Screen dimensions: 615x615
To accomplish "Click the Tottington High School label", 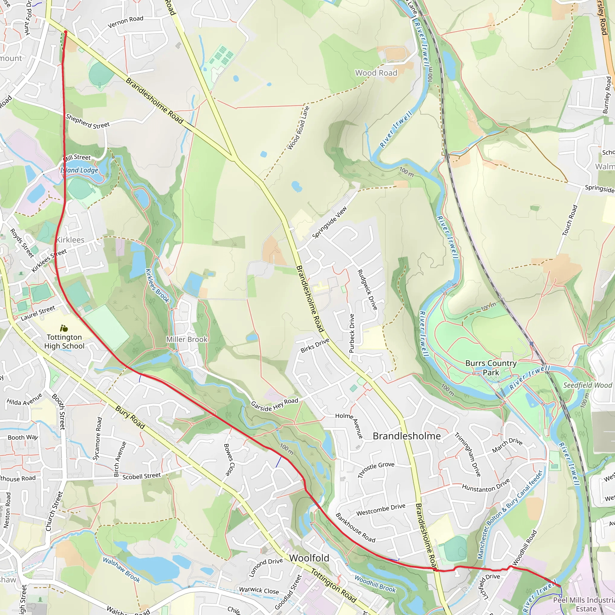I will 64,341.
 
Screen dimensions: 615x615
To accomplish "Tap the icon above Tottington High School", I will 64,328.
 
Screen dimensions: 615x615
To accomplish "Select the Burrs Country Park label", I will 491,368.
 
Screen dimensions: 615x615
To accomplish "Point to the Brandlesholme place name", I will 407,436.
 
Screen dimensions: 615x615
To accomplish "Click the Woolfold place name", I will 309,558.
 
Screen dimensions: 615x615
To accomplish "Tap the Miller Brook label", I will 187,339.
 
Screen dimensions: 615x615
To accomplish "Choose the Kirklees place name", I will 70,240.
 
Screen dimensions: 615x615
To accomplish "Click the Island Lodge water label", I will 79,170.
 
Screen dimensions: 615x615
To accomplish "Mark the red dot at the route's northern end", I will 65,32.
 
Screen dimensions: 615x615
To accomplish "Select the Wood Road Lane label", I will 298,128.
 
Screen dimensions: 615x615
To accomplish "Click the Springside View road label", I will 329,223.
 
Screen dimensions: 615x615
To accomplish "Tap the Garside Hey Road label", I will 274,404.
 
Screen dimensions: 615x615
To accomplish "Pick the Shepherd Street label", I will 88,121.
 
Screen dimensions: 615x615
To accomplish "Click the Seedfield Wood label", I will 588,385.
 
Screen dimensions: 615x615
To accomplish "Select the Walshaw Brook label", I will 121,569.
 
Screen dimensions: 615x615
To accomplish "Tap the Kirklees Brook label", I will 157,286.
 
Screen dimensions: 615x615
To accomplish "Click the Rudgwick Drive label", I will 367,290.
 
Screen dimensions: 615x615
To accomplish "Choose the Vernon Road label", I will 126,22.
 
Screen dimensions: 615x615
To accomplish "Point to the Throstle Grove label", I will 376,470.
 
